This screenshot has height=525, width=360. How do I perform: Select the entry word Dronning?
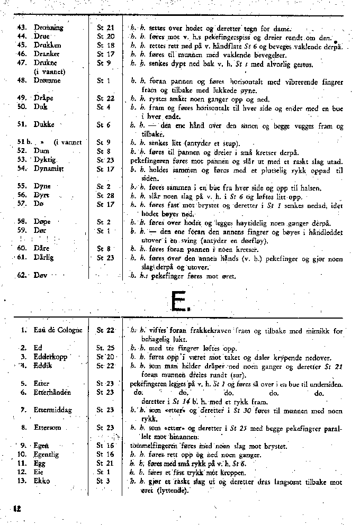click(x=48, y=28)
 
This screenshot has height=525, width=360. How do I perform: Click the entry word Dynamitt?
click(x=49, y=169)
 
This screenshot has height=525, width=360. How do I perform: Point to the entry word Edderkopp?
click(x=50, y=357)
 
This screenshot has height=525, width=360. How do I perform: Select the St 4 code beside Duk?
click(x=103, y=107)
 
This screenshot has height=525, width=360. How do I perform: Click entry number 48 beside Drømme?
click(x=21, y=80)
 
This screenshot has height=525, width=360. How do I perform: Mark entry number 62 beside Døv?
click(x=21, y=276)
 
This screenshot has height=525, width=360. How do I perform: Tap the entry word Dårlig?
click(x=44, y=258)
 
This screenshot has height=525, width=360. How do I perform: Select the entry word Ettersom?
click(x=48, y=428)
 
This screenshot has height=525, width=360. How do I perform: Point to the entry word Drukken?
click(x=47, y=46)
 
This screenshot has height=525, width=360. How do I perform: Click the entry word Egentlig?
click(x=47, y=455)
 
